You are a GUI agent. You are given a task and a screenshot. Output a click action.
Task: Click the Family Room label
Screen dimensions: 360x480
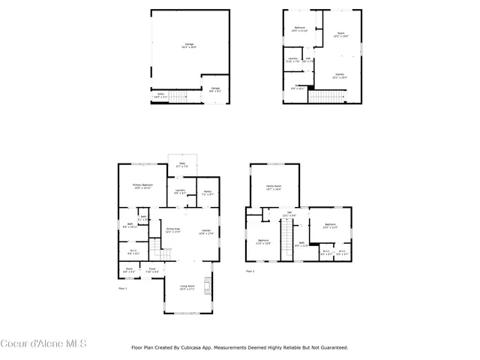click(x=274, y=187)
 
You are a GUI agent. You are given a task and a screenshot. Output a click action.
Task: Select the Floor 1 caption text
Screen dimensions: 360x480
click(x=124, y=288)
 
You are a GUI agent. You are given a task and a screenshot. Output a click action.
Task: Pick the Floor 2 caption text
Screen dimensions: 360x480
click(x=250, y=271)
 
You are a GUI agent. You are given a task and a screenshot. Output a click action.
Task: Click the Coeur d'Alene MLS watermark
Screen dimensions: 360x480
click(x=43, y=344)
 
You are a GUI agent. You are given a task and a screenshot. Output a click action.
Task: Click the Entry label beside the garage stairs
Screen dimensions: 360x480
click(x=160, y=94)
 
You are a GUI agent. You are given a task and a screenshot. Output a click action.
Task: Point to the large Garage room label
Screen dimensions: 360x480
click(x=188, y=45)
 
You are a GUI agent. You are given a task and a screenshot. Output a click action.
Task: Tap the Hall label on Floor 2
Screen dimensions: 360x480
click(x=289, y=214)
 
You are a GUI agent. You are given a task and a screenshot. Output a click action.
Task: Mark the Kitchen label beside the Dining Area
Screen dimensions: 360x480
click(x=206, y=232)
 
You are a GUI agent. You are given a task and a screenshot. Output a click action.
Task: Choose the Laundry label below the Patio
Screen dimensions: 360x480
click(x=181, y=192)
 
